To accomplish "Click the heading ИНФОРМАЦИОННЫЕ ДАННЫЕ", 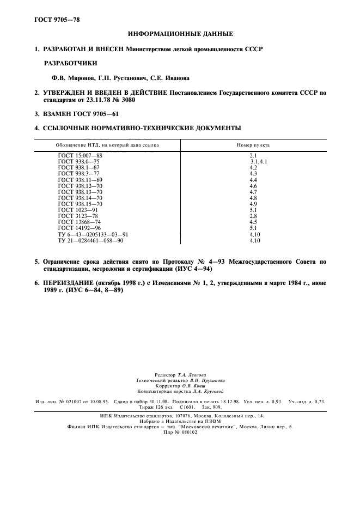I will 180,34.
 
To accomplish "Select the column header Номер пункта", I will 253,145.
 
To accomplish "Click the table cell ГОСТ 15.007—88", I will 80,156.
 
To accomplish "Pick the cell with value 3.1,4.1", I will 258,162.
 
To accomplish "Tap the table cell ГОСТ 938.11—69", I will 80,180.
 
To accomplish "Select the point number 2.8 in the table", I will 253,216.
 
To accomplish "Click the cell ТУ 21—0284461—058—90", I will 90,240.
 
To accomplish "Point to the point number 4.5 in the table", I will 253,222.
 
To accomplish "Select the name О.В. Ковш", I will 200,385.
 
